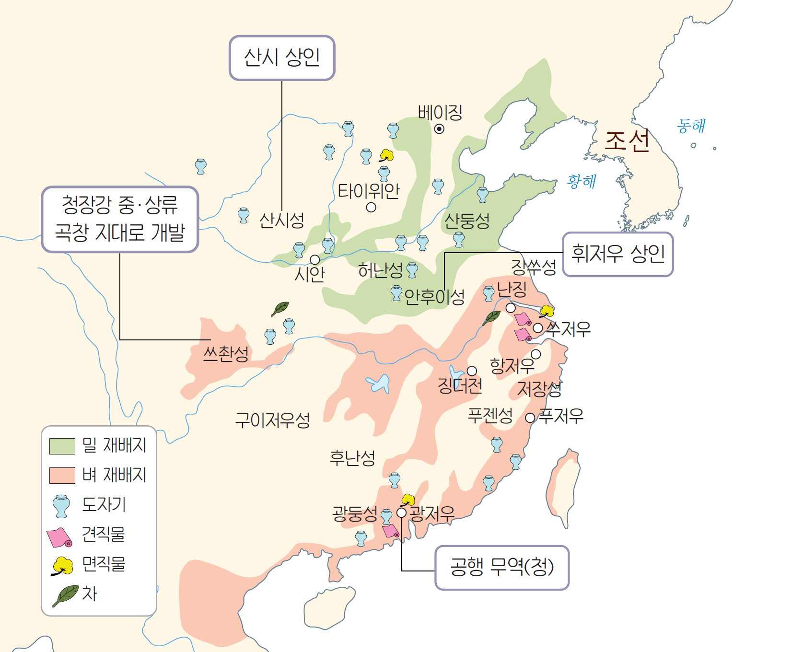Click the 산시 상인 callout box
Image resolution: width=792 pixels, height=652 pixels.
282,58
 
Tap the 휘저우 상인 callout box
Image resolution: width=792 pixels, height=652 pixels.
617,254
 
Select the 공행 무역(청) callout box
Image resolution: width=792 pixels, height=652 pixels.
501,567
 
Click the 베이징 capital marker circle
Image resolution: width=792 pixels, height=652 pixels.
439,128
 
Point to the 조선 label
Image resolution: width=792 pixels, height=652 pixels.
627,141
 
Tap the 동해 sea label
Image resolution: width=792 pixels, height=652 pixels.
690,126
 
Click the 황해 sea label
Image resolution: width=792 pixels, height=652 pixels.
581,181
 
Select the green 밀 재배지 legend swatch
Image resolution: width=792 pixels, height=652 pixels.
62,446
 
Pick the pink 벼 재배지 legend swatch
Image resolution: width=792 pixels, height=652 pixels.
62,475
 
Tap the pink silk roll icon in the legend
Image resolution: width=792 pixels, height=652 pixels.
59,537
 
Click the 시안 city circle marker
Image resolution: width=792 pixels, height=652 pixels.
314,260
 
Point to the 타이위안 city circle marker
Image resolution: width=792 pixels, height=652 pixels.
371,208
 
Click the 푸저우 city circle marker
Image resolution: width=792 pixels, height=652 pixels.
530,418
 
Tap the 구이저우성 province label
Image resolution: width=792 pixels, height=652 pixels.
272,420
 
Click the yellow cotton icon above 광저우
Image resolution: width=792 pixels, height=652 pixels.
408,500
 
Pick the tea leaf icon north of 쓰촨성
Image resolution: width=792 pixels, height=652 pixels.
280,308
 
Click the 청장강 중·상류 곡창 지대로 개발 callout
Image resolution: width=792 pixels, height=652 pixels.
120,219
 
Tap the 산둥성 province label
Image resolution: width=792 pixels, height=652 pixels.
466,221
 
